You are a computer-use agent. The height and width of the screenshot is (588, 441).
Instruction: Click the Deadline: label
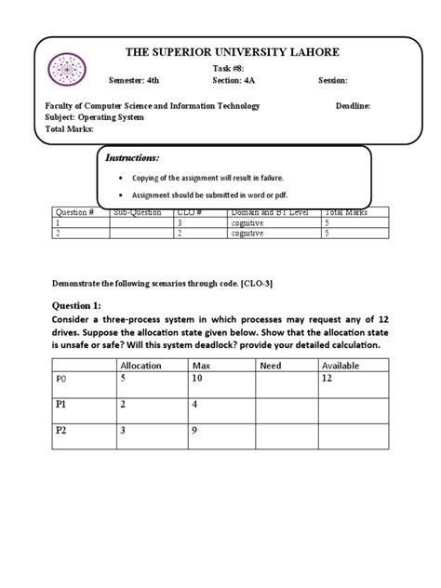[354, 106]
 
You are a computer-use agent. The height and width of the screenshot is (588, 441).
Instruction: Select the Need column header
[271, 366]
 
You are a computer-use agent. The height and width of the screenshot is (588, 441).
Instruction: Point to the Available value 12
[326, 380]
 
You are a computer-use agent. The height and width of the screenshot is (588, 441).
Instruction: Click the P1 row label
[63, 406]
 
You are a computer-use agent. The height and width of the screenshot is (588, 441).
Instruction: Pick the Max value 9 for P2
[194, 431]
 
